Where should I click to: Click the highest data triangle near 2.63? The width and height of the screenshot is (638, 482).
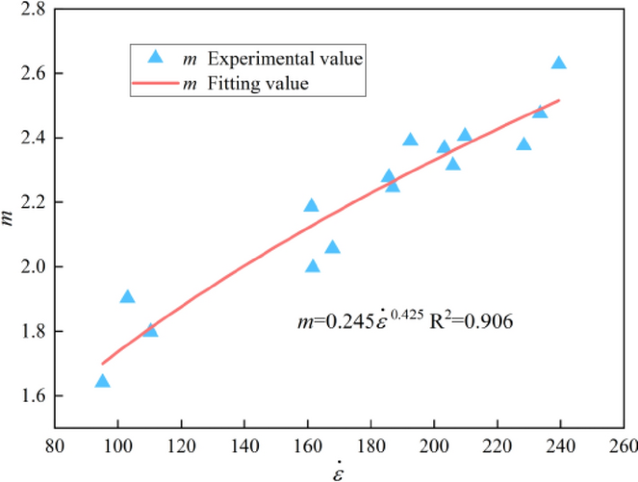559,63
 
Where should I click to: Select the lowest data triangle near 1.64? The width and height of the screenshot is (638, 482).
102,381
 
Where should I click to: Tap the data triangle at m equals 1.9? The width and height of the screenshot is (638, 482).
128,297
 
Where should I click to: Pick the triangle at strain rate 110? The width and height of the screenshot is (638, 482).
151,330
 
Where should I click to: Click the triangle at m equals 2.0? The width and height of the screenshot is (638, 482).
313,267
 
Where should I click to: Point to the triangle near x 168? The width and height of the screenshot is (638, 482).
333,247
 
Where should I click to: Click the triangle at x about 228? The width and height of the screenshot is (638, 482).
523,145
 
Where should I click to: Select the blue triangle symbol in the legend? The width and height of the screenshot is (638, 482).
156,58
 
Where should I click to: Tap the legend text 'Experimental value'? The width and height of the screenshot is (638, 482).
284,59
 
